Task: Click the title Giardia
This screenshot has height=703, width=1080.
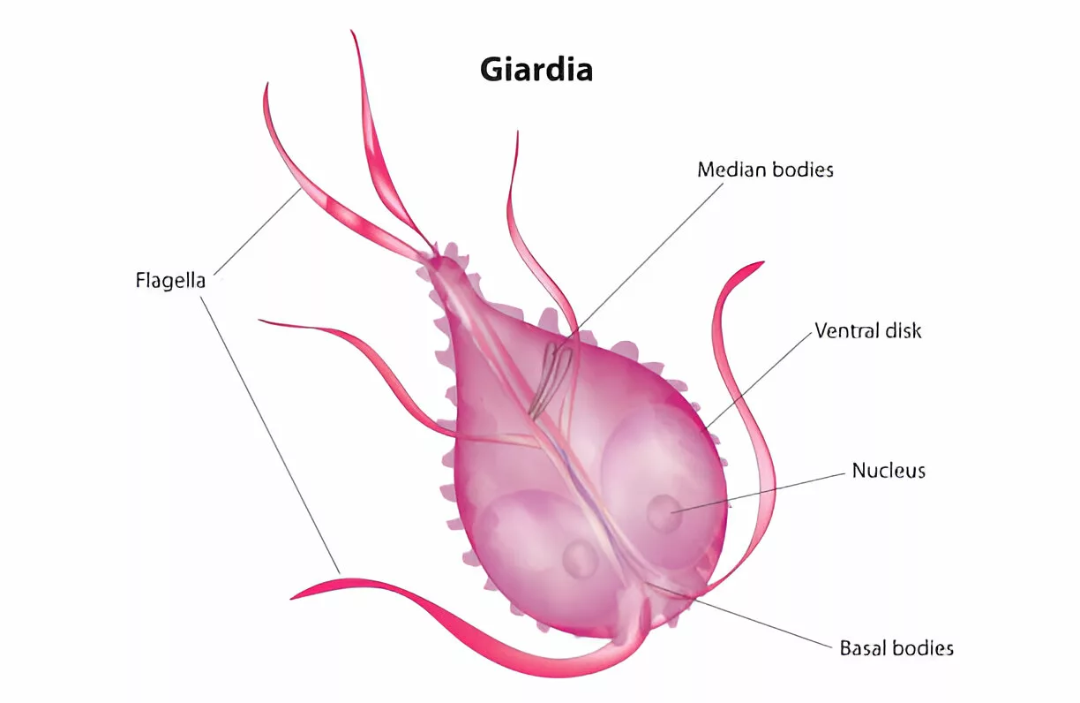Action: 536,70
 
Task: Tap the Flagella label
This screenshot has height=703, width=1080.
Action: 170,280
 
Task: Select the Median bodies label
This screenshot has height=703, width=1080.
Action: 765,170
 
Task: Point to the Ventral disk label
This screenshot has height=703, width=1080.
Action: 868,330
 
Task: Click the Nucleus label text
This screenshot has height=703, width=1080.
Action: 889,471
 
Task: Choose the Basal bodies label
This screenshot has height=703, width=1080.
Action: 896,648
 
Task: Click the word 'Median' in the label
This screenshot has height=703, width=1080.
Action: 731,170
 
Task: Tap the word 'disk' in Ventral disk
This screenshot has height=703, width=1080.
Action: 901,330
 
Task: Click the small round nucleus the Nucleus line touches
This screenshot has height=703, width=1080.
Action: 664,513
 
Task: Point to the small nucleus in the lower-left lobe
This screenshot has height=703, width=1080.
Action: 580,559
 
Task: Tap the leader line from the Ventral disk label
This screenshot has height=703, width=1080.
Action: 758,381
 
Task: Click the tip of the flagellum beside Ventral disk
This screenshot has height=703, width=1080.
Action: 764,262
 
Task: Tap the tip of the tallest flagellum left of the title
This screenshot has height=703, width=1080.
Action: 351,30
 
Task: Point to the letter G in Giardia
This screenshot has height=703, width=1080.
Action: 492,70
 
